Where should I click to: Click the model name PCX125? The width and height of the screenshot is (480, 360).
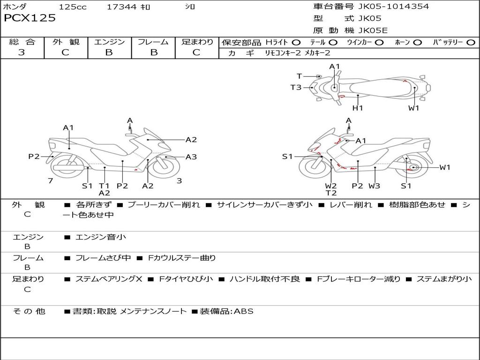(30, 18)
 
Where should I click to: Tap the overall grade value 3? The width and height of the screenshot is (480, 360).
(22, 52)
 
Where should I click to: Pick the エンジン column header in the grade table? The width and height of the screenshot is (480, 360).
(109, 42)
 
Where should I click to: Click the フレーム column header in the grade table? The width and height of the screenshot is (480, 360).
(153, 42)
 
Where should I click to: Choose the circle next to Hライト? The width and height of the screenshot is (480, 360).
(296, 42)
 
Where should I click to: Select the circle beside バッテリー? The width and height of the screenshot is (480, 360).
(471, 42)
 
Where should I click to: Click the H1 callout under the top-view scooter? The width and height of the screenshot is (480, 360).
(358, 108)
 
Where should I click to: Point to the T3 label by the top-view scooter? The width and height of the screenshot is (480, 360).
(296, 87)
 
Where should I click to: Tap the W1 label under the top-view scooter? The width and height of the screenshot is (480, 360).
(413, 108)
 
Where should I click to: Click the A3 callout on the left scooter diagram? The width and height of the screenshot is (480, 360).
(191, 157)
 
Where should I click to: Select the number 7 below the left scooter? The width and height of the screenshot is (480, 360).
(50, 181)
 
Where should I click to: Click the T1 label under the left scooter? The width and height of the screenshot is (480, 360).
(104, 186)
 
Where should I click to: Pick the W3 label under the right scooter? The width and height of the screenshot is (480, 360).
(374, 186)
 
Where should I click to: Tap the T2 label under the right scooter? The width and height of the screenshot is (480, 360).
(331, 193)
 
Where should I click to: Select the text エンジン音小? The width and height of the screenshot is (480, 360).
(101, 237)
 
